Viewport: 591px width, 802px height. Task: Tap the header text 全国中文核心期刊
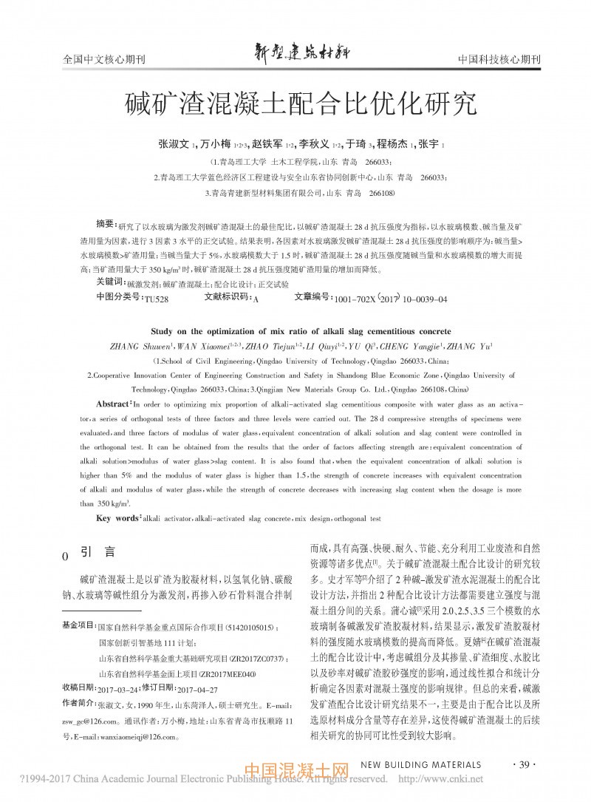(103, 60)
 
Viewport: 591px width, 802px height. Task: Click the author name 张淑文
(174, 145)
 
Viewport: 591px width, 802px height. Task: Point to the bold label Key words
(117, 519)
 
